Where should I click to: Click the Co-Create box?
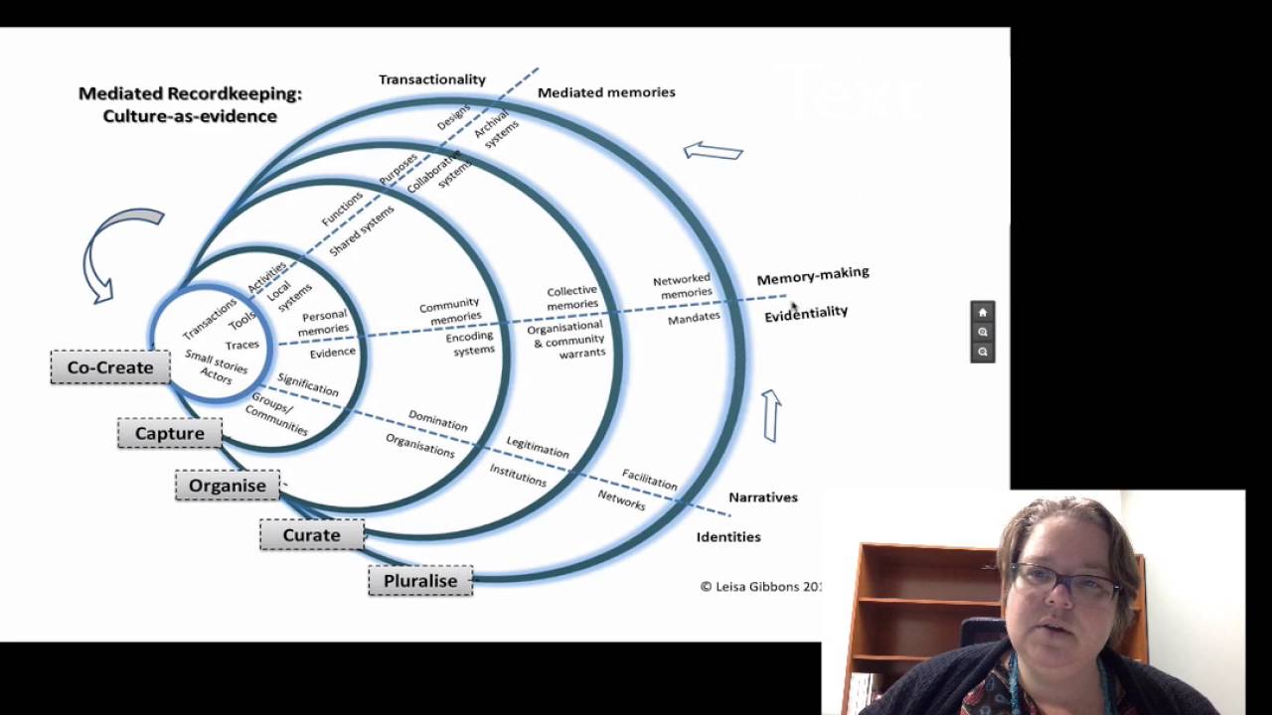[110, 367]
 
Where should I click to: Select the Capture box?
[170, 433]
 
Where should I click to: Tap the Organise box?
[228, 485]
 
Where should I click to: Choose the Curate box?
[311, 534]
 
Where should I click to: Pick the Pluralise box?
[420, 580]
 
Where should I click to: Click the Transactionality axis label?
[431, 79]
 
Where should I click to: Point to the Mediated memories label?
[606, 92]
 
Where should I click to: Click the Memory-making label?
[813, 275]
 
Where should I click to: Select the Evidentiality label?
[806, 313]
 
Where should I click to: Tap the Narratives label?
[763, 497]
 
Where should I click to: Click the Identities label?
[728, 536]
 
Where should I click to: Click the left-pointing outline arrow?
[714, 151]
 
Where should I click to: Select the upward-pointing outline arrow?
[772, 415]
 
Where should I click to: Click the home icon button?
[983, 312]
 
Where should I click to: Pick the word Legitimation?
[538, 447]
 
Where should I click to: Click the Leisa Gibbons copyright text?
[761, 586]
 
